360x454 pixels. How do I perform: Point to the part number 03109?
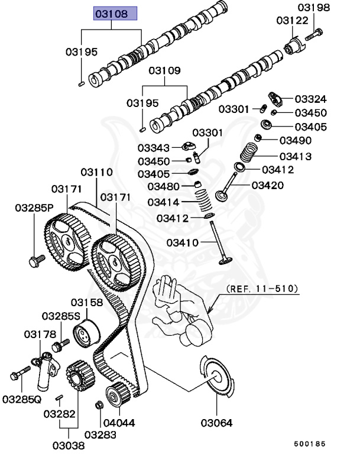(x=164, y=71)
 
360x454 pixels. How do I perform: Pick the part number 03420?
(x=267, y=185)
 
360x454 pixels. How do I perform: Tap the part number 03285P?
(x=34, y=207)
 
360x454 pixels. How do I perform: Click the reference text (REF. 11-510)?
(x=262, y=289)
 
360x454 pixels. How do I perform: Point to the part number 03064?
(x=216, y=423)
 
